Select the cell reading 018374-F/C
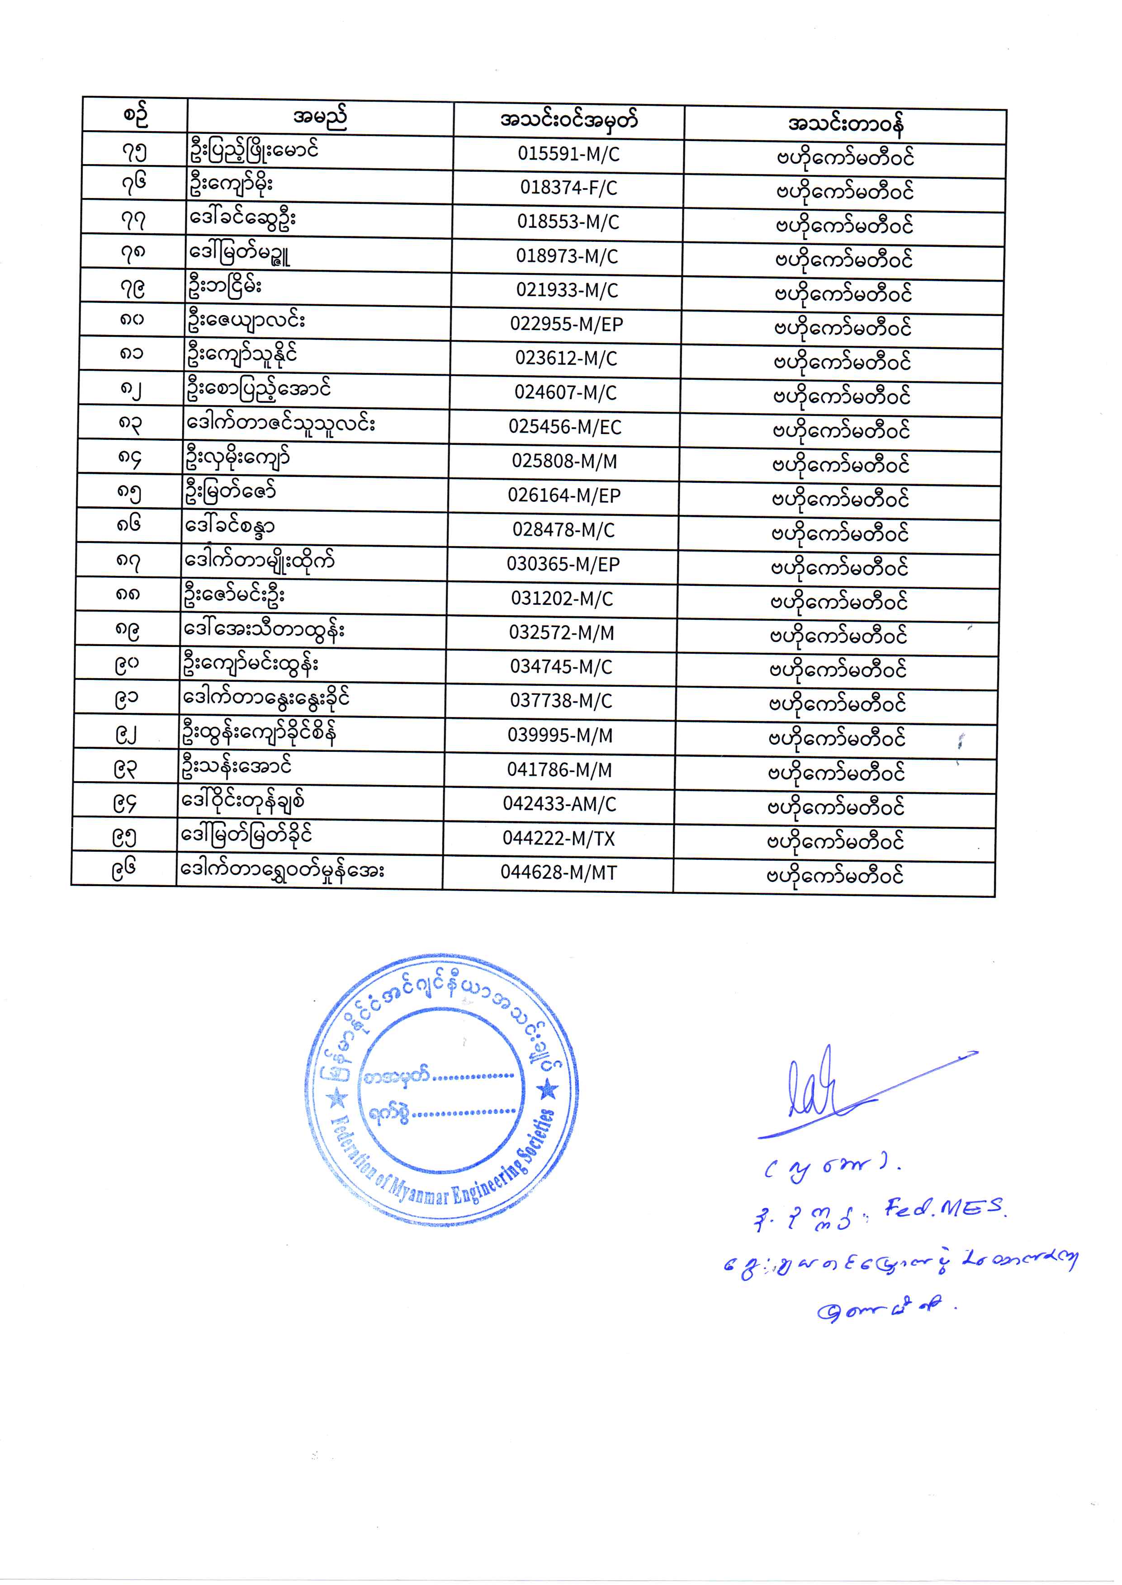coord(568,188)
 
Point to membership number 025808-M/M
coord(564,461)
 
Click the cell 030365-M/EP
coord(563,564)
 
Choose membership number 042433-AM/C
coord(559,804)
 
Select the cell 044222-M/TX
coord(559,839)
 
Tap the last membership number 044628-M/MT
coord(558,872)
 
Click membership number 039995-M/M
coord(560,736)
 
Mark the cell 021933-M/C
coord(567,290)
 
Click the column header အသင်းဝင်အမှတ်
coord(568,120)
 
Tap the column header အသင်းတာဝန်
coord(845,124)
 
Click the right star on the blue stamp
coord(548,1090)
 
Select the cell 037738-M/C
coord(561,701)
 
